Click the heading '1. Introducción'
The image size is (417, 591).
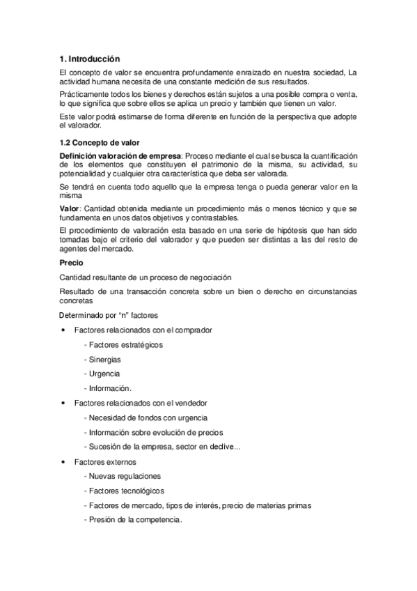point(90,59)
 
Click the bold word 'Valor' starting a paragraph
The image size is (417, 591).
point(70,210)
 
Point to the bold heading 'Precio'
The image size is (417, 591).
point(72,263)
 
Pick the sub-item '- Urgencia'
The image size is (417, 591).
point(102,374)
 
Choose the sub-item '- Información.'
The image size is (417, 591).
point(107,388)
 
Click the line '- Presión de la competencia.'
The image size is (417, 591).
point(132,520)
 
